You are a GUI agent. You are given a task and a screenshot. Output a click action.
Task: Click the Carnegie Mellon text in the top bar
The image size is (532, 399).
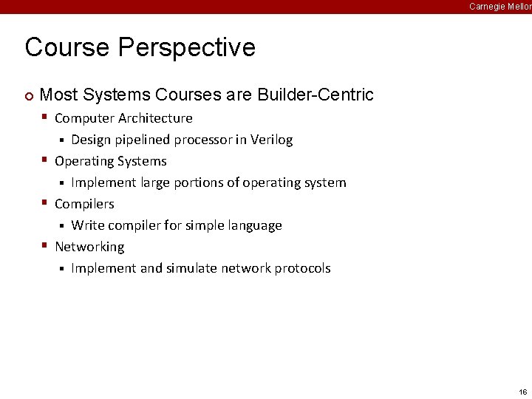[500, 7]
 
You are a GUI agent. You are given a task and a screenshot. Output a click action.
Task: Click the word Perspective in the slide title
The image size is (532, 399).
[186, 47]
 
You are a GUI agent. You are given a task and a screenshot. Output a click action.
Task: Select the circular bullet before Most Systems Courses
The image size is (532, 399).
[29, 95]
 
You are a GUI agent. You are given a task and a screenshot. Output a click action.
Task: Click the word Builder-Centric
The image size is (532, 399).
[316, 95]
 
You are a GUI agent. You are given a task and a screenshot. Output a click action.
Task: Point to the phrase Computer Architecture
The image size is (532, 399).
[123, 118]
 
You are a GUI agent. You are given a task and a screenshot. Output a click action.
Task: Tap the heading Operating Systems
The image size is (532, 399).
[111, 161]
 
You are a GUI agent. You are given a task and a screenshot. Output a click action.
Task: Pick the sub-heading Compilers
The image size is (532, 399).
[84, 204]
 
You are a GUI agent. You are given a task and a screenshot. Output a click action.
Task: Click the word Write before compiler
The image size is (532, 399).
[88, 225]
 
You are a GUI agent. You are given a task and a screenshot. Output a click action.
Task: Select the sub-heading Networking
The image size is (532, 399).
[89, 247]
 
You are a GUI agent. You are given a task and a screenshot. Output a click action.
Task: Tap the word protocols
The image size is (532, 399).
[302, 268]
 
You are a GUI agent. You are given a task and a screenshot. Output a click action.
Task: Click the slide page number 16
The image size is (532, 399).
[522, 392]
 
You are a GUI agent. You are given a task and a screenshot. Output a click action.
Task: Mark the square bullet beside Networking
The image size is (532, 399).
[45, 245]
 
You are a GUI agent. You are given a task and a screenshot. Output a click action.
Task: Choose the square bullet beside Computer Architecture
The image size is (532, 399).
[45, 117]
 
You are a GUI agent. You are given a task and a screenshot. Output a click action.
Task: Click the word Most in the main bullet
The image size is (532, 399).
[58, 95]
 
